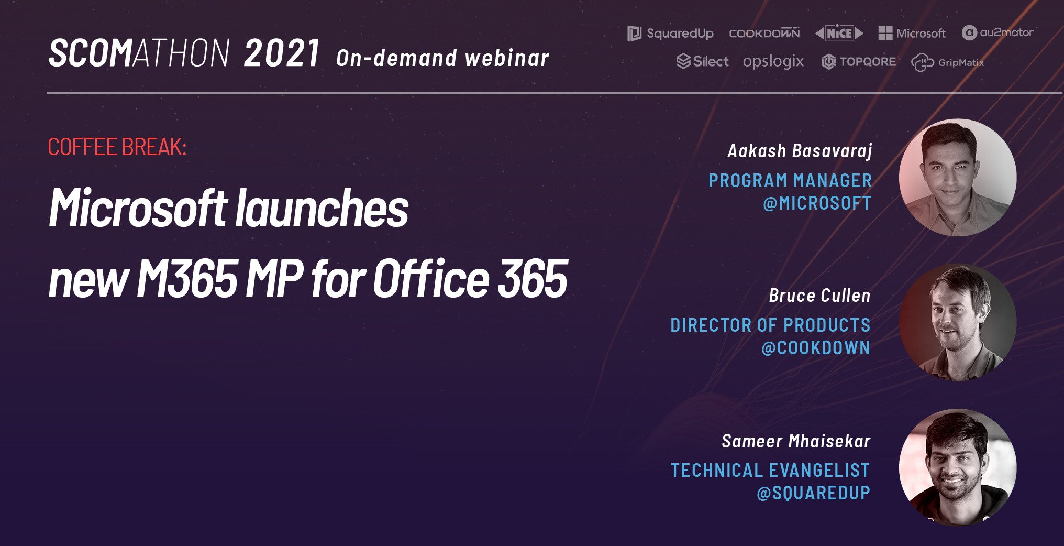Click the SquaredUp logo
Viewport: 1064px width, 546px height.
(x=670, y=34)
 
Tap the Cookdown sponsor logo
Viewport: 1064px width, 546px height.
(x=764, y=33)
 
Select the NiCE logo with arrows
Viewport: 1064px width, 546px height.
(x=839, y=33)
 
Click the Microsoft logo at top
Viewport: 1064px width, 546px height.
(x=912, y=34)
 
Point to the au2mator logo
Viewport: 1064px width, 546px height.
(x=997, y=32)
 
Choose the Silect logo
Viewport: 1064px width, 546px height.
(x=702, y=61)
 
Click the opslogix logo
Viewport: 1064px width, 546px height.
(x=773, y=62)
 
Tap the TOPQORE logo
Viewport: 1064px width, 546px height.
(x=859, y=62)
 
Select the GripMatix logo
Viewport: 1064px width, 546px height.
(x=947, y=62)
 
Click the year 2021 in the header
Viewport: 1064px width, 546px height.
(x=282, y=53)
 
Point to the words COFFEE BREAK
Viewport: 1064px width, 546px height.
(x=117, y=147)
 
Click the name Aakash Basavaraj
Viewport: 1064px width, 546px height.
(x=800, y=151)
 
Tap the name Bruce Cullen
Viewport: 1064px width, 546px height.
(x=819, y=296)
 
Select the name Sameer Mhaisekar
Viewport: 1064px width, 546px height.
(x=796, y=441)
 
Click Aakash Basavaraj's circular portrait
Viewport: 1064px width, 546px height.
(x=957, y=178)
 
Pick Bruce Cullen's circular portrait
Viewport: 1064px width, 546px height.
(x=957, y=322)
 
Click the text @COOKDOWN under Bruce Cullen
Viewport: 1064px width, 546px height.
(x=815, y=348)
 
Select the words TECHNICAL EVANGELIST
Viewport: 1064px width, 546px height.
(x=770, y=470)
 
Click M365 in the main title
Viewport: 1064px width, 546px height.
(x=187, y=279)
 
